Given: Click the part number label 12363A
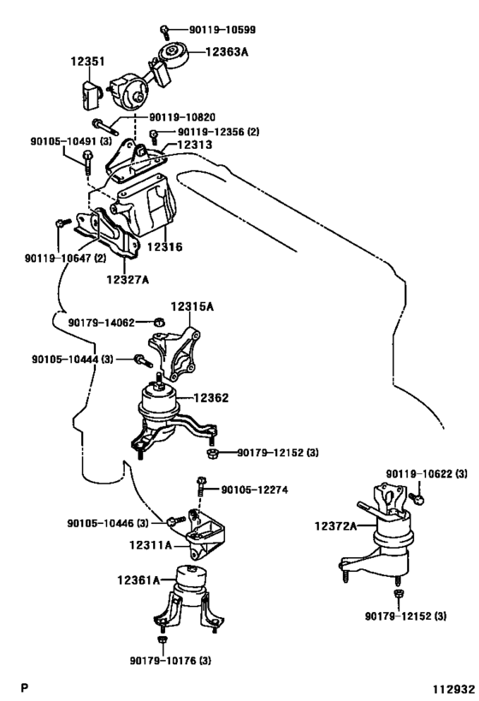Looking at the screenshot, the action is [x=227, y=52].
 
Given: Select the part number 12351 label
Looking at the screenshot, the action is [x=88, y=62].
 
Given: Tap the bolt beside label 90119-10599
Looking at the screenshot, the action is [x=165, y=32].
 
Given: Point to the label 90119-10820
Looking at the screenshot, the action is [x=182, y=117].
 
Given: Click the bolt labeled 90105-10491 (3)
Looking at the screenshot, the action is [x=87, y=163].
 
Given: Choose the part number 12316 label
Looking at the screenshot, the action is [x=165, y=247].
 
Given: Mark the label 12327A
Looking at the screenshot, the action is [x=127, y=280].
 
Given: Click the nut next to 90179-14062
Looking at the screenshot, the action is [x=159, y=322].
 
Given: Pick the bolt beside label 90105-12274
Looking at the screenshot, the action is [x=201, y=486].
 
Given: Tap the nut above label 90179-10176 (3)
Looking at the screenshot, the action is [x=163, y=639].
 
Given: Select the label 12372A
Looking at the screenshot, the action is [x=335, y=526].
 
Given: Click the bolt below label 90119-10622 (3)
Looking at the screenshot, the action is [x=417, y=497].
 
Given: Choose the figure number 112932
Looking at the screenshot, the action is [x=453, y=688].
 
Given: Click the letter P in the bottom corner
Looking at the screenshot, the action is [x=25, y=687].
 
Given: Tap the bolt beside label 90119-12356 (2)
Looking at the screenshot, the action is [x=154, y=136].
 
